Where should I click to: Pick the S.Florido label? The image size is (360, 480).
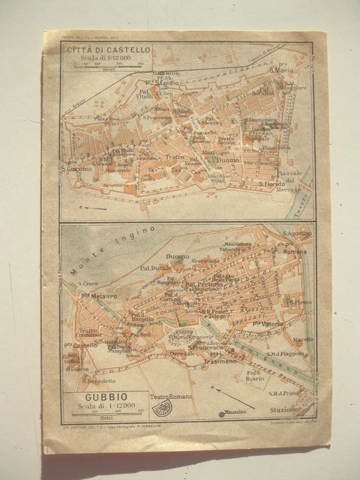click(x=271, y=183)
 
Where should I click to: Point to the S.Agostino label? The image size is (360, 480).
click(x=297, y=233)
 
